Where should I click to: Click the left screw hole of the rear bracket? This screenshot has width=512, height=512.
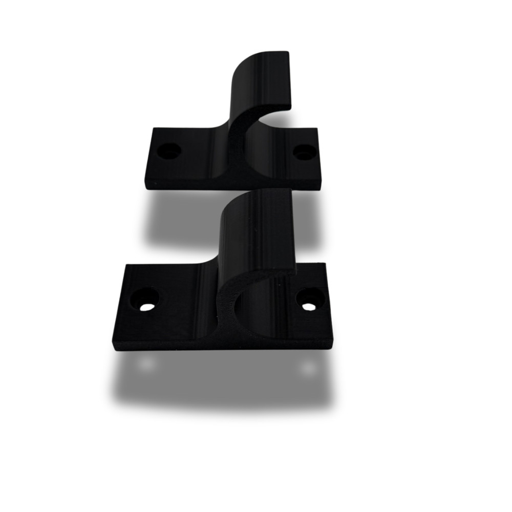pos(169,151)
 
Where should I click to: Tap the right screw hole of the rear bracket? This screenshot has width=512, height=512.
pos(305,152)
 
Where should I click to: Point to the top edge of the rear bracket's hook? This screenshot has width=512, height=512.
pos(271,53)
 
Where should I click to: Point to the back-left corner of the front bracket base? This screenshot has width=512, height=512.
pos(126,266)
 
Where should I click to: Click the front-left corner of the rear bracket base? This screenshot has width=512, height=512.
pos(146,187)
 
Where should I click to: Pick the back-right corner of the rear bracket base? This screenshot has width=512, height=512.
pos(316,130)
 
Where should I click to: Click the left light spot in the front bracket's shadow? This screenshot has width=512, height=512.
pos(146,363)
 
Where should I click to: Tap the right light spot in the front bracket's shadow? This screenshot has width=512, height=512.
pos(308,366)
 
